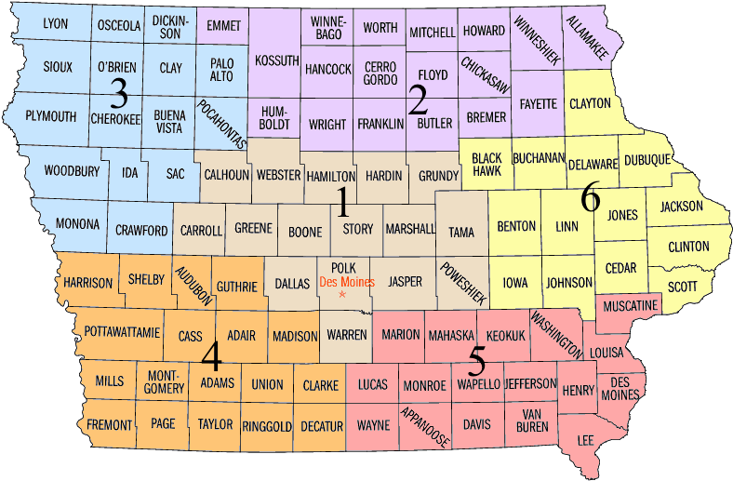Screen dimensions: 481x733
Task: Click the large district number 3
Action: pos(118,93)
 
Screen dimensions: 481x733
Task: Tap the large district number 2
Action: pos(418,100)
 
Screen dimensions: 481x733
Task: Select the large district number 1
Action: pos(342,201)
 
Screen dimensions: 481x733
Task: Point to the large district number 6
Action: pos(590,198)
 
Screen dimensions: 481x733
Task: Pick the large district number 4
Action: pos(211,355)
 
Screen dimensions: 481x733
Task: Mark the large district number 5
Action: pos(478,358)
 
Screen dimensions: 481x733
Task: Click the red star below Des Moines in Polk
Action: pos(342,295)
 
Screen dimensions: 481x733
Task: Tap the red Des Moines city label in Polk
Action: pos(342,281)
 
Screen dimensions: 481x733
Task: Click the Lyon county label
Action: pos(56,23)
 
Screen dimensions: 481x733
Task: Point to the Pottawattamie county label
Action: pos(123,331)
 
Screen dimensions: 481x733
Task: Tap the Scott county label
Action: pos(682,287)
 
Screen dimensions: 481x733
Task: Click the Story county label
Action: pos(358,229)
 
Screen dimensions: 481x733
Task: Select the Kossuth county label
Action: pos(277,61)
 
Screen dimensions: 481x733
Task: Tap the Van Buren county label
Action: pos(533,421)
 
